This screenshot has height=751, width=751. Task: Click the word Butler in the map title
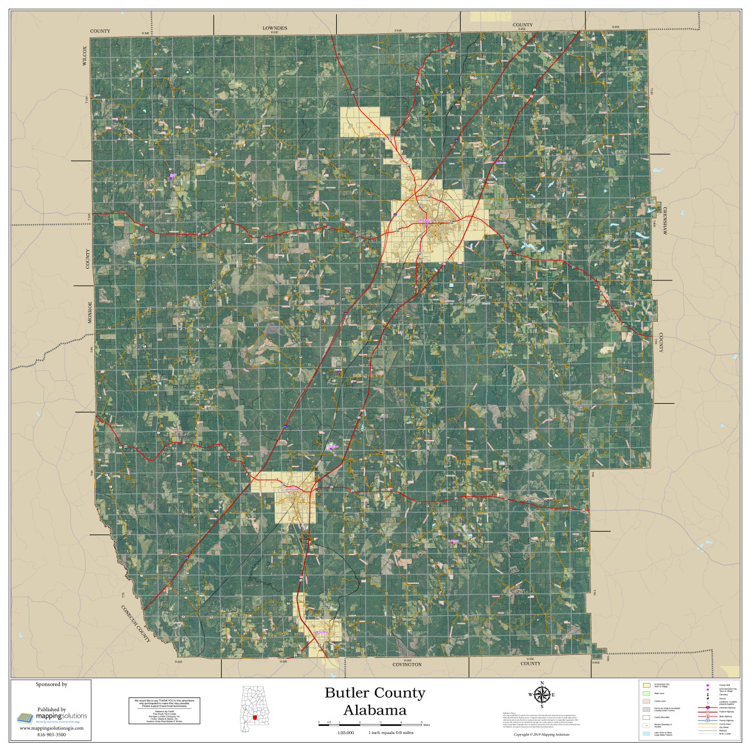pos(347,693)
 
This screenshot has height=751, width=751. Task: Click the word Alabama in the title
pos(374,711)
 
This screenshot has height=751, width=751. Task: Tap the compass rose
pos(542,695)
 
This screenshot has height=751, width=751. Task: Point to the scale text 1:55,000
pos(346,733)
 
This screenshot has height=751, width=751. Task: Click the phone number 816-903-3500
pos(52,735)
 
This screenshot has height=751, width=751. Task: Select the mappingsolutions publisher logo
pos(52,717)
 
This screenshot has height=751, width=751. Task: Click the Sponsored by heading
pos(52,684)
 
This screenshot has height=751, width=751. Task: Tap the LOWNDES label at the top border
pos(275,28)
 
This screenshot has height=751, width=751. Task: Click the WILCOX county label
pos(84,56)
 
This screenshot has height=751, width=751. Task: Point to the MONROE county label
pos(90,312)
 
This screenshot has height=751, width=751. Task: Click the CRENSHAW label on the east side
pos(665,221)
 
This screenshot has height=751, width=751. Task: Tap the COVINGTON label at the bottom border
pos(407,665)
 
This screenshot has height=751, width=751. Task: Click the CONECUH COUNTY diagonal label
pos(136,623)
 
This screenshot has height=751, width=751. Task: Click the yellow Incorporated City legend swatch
pos(647,685)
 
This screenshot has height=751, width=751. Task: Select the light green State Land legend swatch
pos(647,694)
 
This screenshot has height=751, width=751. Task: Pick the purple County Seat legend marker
pos(708,685)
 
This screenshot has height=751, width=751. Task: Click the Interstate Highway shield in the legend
pos(708,708)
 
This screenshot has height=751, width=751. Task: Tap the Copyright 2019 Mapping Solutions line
pos(541,735)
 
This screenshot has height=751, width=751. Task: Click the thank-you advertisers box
pos(164,711)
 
